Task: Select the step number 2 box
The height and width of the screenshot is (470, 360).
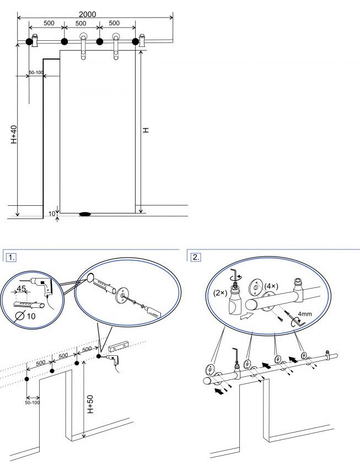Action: [196, 257]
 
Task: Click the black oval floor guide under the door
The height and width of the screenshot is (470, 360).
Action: [86, 213]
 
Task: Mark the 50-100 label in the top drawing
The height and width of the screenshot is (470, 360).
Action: [36, 72]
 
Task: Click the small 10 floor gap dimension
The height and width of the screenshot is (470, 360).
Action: [52, 215]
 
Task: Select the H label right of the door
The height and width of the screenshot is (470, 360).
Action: [146, 130]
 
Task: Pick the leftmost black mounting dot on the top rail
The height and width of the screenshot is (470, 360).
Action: [29, 41]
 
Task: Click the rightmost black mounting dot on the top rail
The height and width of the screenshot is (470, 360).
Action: [135, 41]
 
